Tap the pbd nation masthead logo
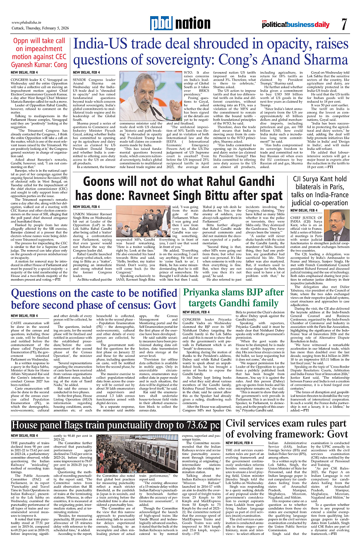click(x=180, y=24)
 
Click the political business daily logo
click(x=296, y=25)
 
